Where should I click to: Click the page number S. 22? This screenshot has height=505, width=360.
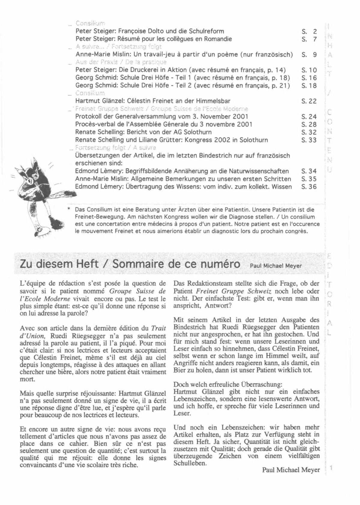(x=309, y=101)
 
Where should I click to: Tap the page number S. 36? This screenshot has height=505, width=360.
(x=309, y=187)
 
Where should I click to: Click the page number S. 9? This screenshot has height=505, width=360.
(x=309, y=55)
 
